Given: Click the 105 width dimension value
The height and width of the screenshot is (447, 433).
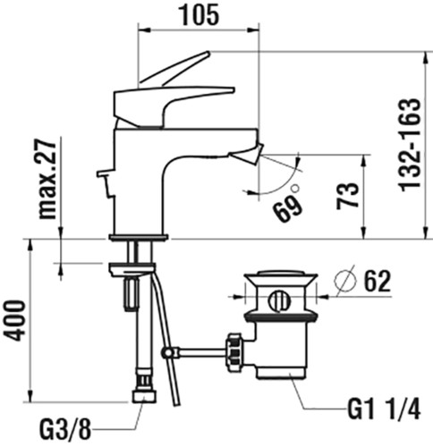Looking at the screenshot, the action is [200, 14].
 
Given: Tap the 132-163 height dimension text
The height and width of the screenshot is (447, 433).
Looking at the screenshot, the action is [410, 145].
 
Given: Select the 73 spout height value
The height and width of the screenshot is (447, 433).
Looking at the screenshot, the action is [347, 196].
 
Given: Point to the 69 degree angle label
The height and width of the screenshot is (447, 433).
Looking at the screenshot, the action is [288, 207].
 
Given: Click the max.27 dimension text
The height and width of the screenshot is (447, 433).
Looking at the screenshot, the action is [48, 179].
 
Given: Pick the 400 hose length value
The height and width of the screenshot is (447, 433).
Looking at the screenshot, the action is [15, 320].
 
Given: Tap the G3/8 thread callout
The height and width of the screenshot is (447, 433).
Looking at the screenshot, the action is [64, 430].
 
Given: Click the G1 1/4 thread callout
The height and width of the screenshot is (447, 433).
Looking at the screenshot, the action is [384, 409].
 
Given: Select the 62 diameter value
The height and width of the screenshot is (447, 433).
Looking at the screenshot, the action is [378, 281].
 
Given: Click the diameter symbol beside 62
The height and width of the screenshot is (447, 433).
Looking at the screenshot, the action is [346, 280].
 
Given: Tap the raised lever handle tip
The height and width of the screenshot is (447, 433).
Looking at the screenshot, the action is [207, 54].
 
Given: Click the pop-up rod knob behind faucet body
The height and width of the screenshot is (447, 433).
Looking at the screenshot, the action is [104, 173].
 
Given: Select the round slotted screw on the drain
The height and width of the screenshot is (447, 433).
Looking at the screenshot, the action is [279, 300].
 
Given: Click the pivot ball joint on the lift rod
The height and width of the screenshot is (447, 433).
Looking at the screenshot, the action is [167, 353].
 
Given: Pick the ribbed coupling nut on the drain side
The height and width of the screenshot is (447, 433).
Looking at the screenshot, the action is [235, 349].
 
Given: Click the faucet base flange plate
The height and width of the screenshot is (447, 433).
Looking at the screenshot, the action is [139, 237].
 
